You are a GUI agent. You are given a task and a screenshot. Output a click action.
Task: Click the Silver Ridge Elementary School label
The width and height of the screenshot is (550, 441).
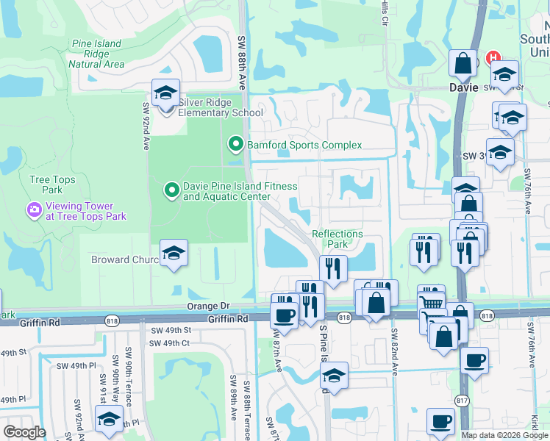point(221,107)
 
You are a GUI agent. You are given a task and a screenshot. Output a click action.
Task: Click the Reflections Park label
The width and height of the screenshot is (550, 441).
point(337,239)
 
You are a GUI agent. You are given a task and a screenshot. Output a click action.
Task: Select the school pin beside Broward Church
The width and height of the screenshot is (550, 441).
point(174,254)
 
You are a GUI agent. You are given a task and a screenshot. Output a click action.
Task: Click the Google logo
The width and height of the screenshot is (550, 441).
point(25,432)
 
